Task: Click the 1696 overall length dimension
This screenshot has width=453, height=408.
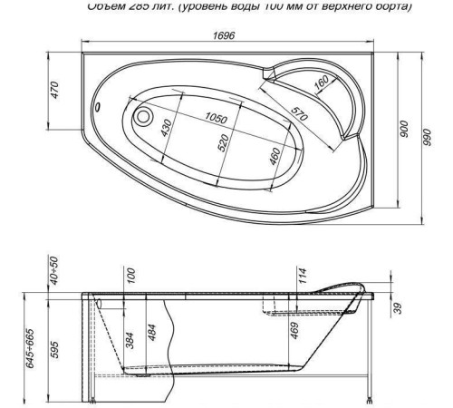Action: point(226,34)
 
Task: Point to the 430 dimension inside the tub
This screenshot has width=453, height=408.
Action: point(166,130)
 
